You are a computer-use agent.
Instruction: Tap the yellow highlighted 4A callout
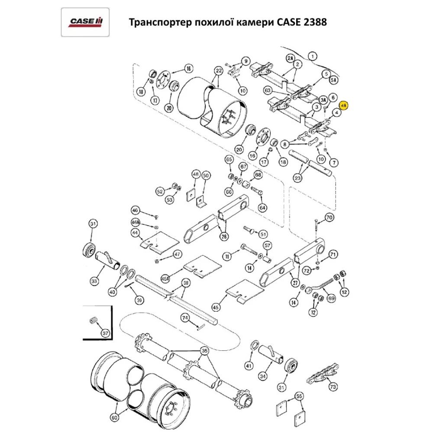[344, 105]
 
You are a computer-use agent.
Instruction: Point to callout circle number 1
[313, 55]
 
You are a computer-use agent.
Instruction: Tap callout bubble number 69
[332, 298]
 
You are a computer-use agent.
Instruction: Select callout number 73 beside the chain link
[333, 386]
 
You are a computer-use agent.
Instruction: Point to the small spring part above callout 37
[92, 321]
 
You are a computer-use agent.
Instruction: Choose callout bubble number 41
[248, 366]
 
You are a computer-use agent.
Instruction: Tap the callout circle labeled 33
[94, 281]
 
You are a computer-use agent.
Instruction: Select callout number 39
[139, 300]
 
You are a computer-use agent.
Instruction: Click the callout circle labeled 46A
[136, 222]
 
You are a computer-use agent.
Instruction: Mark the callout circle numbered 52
[160, 191]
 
